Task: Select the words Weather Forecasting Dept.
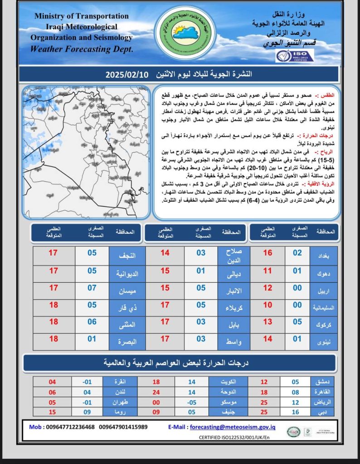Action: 82,48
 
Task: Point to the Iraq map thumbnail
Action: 87,150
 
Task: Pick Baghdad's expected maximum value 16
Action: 268,253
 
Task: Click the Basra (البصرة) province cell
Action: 126,339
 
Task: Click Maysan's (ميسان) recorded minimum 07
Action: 92,288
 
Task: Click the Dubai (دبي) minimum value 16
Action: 295,412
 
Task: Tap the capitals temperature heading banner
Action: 180,362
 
